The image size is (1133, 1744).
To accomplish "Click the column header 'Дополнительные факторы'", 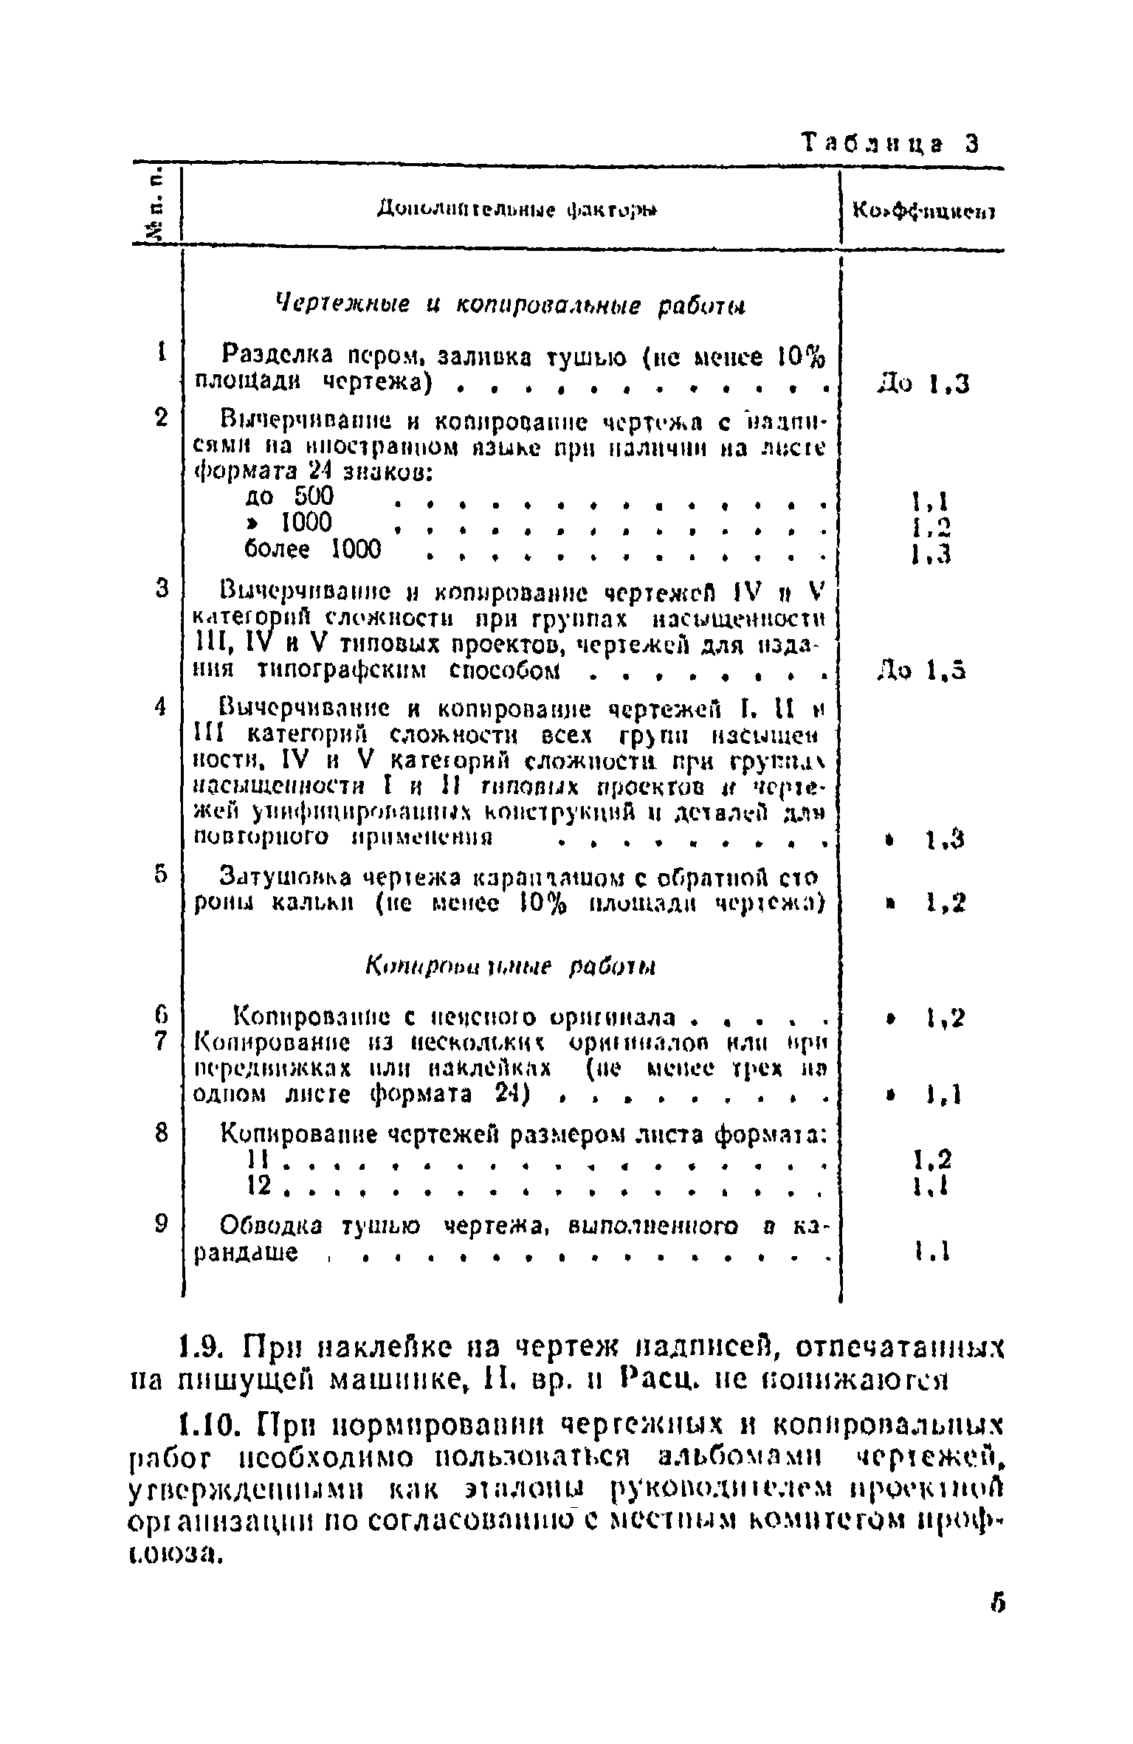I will click(517, 211).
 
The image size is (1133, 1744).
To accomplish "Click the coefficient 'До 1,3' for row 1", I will click(923, 384).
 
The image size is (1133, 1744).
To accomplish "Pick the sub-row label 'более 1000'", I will click(313, 549).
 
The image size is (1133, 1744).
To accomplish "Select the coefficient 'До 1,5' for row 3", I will click(922, 671).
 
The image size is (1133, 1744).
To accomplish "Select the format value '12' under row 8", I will click(256, 1188).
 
